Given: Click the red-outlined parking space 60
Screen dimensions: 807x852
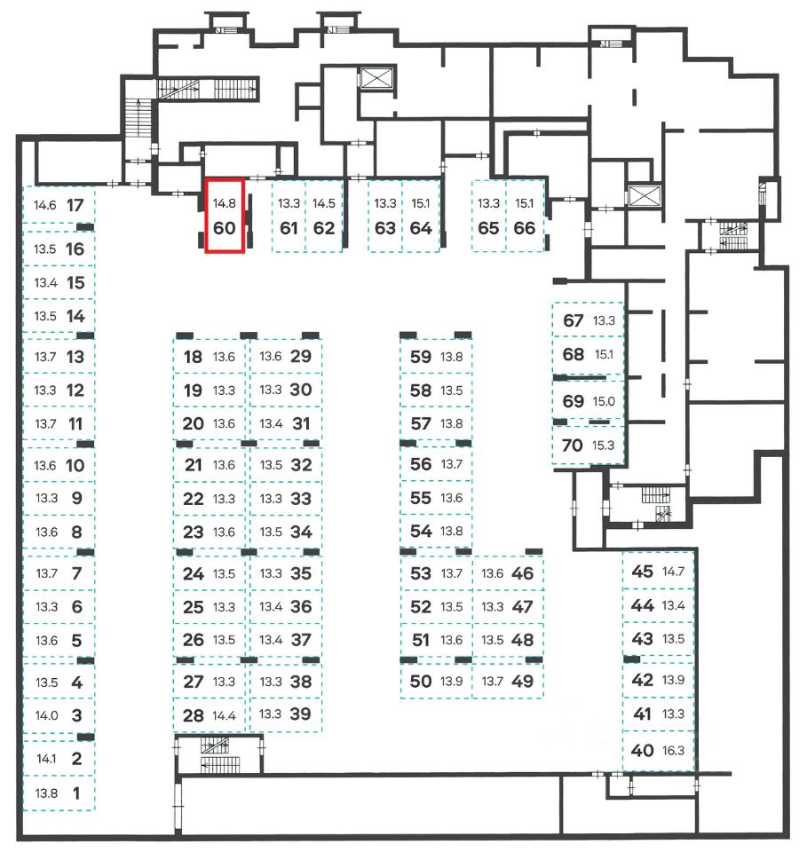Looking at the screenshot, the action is pyautogui.click(x=225, y=216).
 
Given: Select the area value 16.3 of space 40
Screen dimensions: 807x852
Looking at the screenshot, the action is pyautogui.click(x=674, y=751).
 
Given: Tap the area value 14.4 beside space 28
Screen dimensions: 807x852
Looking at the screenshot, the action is pyautogui.click(x=225, y=715).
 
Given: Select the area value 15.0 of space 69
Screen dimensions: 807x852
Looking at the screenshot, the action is pyautogui.click(x=605, y=401).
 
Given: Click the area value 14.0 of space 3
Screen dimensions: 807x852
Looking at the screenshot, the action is pyautogui.click(x=46, y=715).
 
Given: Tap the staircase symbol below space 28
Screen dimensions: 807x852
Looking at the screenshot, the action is pyautogui.click(x=213, y=749).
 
